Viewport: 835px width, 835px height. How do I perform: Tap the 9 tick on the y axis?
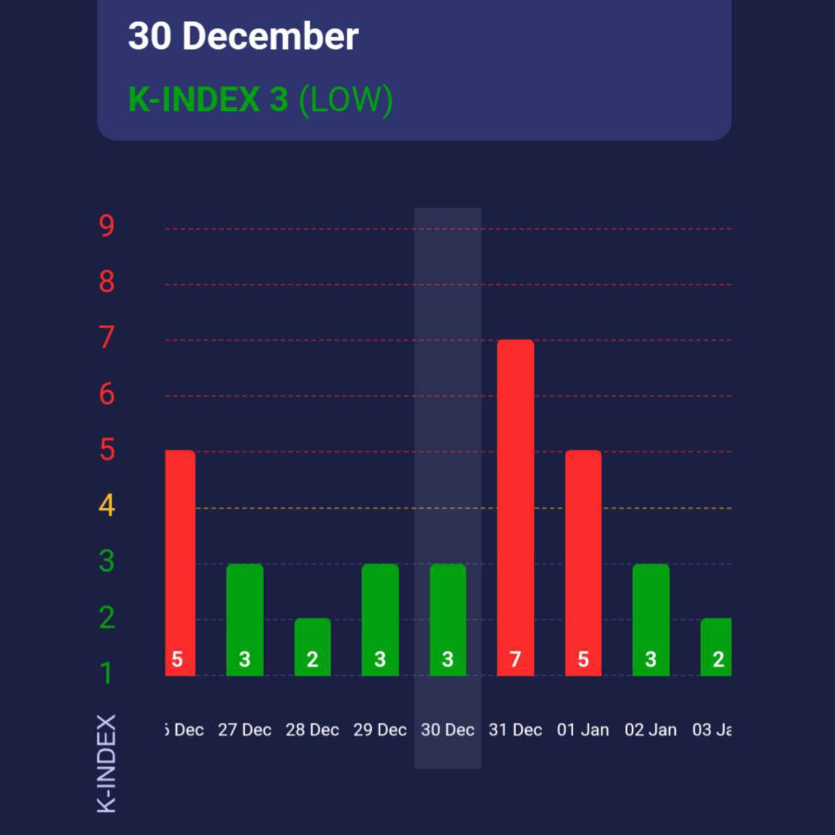106,226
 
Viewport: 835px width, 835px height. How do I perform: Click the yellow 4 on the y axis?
106,506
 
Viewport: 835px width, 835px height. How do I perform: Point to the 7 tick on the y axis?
106,338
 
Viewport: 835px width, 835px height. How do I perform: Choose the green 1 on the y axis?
106,673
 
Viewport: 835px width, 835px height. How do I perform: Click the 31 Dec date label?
515,730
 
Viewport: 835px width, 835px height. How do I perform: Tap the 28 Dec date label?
312,730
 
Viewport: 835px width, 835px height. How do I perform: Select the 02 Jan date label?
650,730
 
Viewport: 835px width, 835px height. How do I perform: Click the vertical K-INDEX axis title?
106,763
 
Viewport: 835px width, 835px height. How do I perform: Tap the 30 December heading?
243,36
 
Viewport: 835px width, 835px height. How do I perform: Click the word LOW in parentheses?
346,100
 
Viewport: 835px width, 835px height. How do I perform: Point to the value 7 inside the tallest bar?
515,660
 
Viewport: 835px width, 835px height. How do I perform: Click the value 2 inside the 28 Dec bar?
312,660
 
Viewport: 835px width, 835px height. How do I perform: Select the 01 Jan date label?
583,730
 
